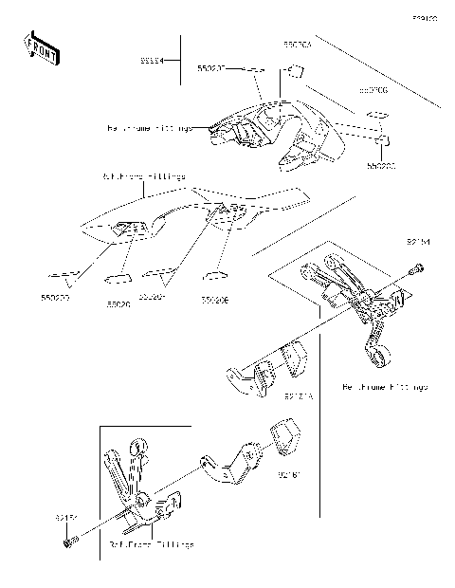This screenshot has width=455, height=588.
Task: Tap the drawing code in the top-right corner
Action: click(423, 18)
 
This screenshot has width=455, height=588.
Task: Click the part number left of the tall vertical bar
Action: click(153, 61)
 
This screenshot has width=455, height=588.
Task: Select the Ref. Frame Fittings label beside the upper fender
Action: click(150, 126)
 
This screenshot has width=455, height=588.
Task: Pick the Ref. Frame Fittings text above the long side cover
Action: click(142, 176)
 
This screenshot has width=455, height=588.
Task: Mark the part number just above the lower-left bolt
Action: click(64, 518)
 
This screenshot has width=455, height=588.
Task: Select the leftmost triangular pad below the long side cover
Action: click(67, 279)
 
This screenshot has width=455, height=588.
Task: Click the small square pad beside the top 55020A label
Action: click(294, 69)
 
